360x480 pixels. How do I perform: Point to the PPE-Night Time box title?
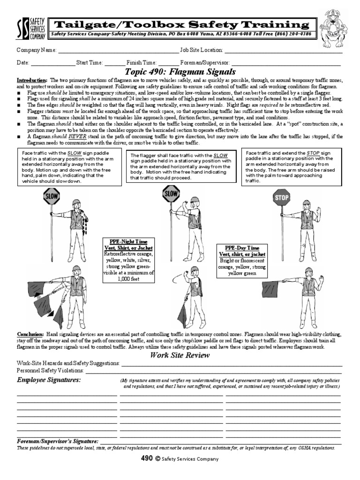[128, 241]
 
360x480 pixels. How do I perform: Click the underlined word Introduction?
[32, 81]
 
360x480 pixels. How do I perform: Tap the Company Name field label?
[37, 50]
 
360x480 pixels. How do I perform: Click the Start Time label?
[89, 62]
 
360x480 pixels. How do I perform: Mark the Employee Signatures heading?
[49, 379]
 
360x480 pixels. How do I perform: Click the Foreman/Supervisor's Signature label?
[58, 442]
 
